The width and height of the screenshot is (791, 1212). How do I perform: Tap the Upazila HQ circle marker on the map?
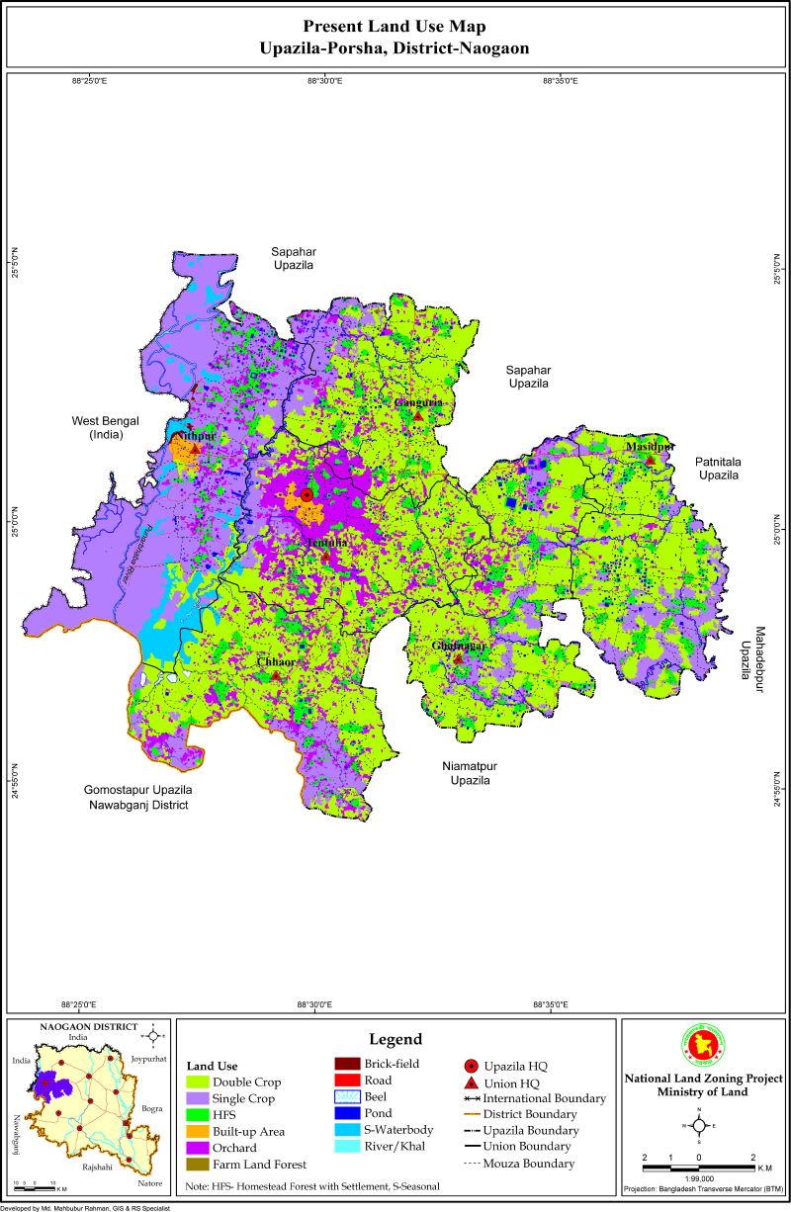pyautogui.click(x=307, y=494)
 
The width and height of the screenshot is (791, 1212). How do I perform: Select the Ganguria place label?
pyautogui.click(x=418, y=403)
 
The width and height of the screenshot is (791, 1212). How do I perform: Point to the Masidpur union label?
pyautogui.click(x=650, y=447)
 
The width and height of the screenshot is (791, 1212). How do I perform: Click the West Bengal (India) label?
pyautogui.click(x=105, y=427)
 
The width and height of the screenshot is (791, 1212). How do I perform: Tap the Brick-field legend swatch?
pyautogui.click(x=346, y=1064)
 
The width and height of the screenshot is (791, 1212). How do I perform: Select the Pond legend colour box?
pyautogui.click(x=346, y=1113)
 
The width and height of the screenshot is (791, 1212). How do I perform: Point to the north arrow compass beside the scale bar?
pyautogui.click(x=699, y=1125)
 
